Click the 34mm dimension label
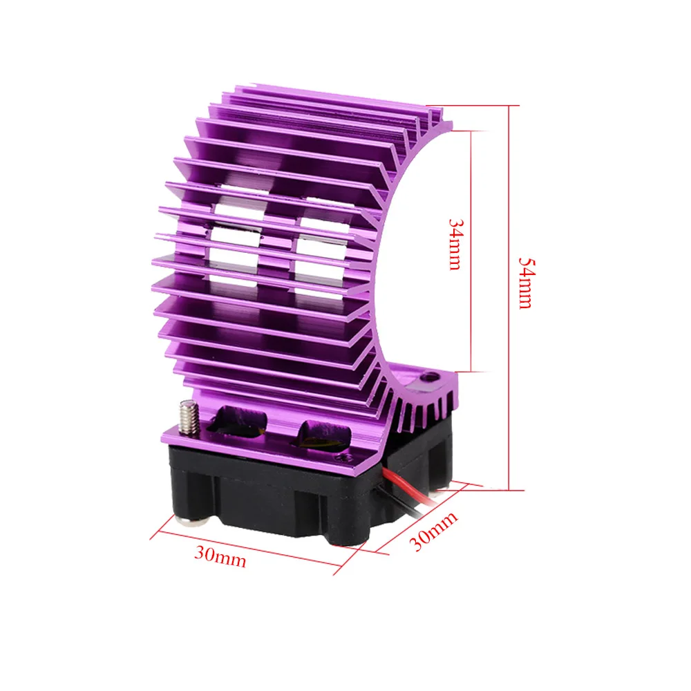pyautogui.click(x=455, y=244)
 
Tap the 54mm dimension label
pyautogui.click(x=527, y=283)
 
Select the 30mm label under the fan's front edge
pyautogui.click(x=220, y=556)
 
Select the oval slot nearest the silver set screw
pyautogui.click(x=238, y=422)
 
